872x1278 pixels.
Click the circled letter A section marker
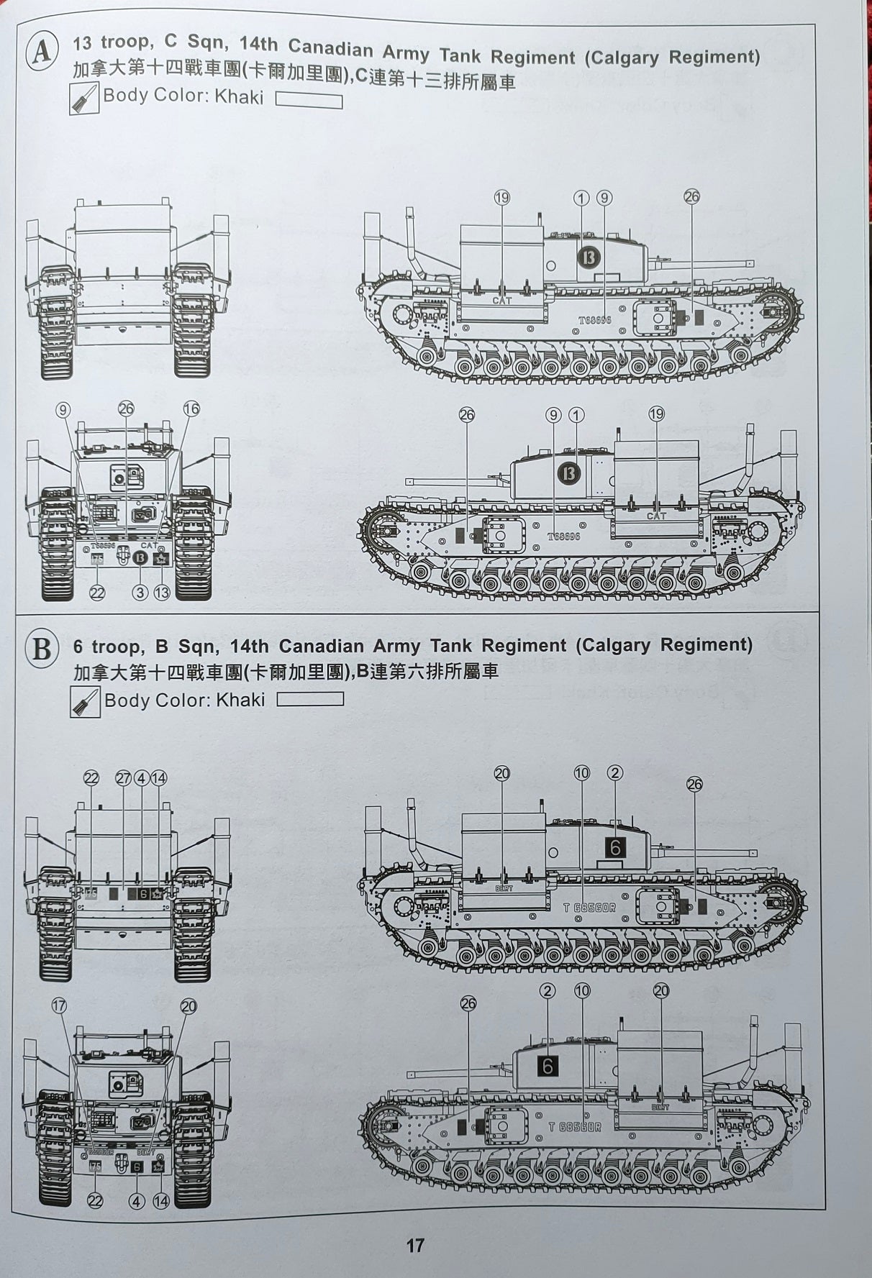pos(42,52)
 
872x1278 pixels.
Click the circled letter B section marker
pos(41,649)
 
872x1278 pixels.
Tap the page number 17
pos(416,1246)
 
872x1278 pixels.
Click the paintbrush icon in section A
pos(84,99)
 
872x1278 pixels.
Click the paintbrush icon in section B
pos(85,702)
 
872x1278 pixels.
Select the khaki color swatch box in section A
pos(309,100)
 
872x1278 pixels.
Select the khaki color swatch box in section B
pos(310,699)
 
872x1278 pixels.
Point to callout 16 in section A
pos(191,409)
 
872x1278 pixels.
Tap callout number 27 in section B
pos(123,778)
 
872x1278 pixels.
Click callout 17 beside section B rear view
pos(60,1005)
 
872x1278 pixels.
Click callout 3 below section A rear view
pos(140,593)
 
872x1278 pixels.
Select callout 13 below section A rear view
pos(162,593)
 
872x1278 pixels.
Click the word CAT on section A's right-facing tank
pos(501,300)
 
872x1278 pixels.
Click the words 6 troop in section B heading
pos(108,647)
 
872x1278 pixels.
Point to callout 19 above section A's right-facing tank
pos(501,198)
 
